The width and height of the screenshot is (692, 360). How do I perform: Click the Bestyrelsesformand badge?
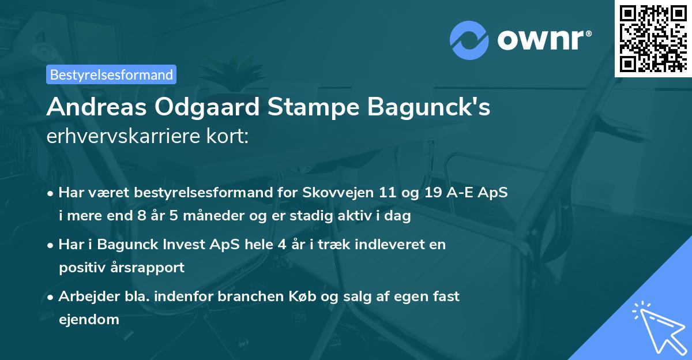coord(111,74)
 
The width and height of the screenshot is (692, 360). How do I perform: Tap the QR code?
coord(652,38)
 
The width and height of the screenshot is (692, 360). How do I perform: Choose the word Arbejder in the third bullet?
coord(84,296)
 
